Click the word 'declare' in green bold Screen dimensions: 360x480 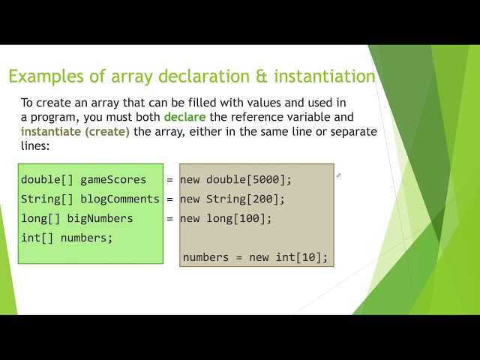(184, 118)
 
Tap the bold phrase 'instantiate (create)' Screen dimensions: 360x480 (75, 132)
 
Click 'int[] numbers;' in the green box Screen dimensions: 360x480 (67, 238)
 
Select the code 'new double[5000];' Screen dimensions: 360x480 (235, 180)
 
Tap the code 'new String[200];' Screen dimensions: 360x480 (232, 199)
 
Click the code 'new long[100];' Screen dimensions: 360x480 (226, 219)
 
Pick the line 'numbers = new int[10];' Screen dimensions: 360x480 (255, 257)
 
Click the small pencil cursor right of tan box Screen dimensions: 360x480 (339, 175)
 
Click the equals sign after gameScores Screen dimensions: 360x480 (170, 180)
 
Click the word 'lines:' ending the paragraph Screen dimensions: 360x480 (35, 146)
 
